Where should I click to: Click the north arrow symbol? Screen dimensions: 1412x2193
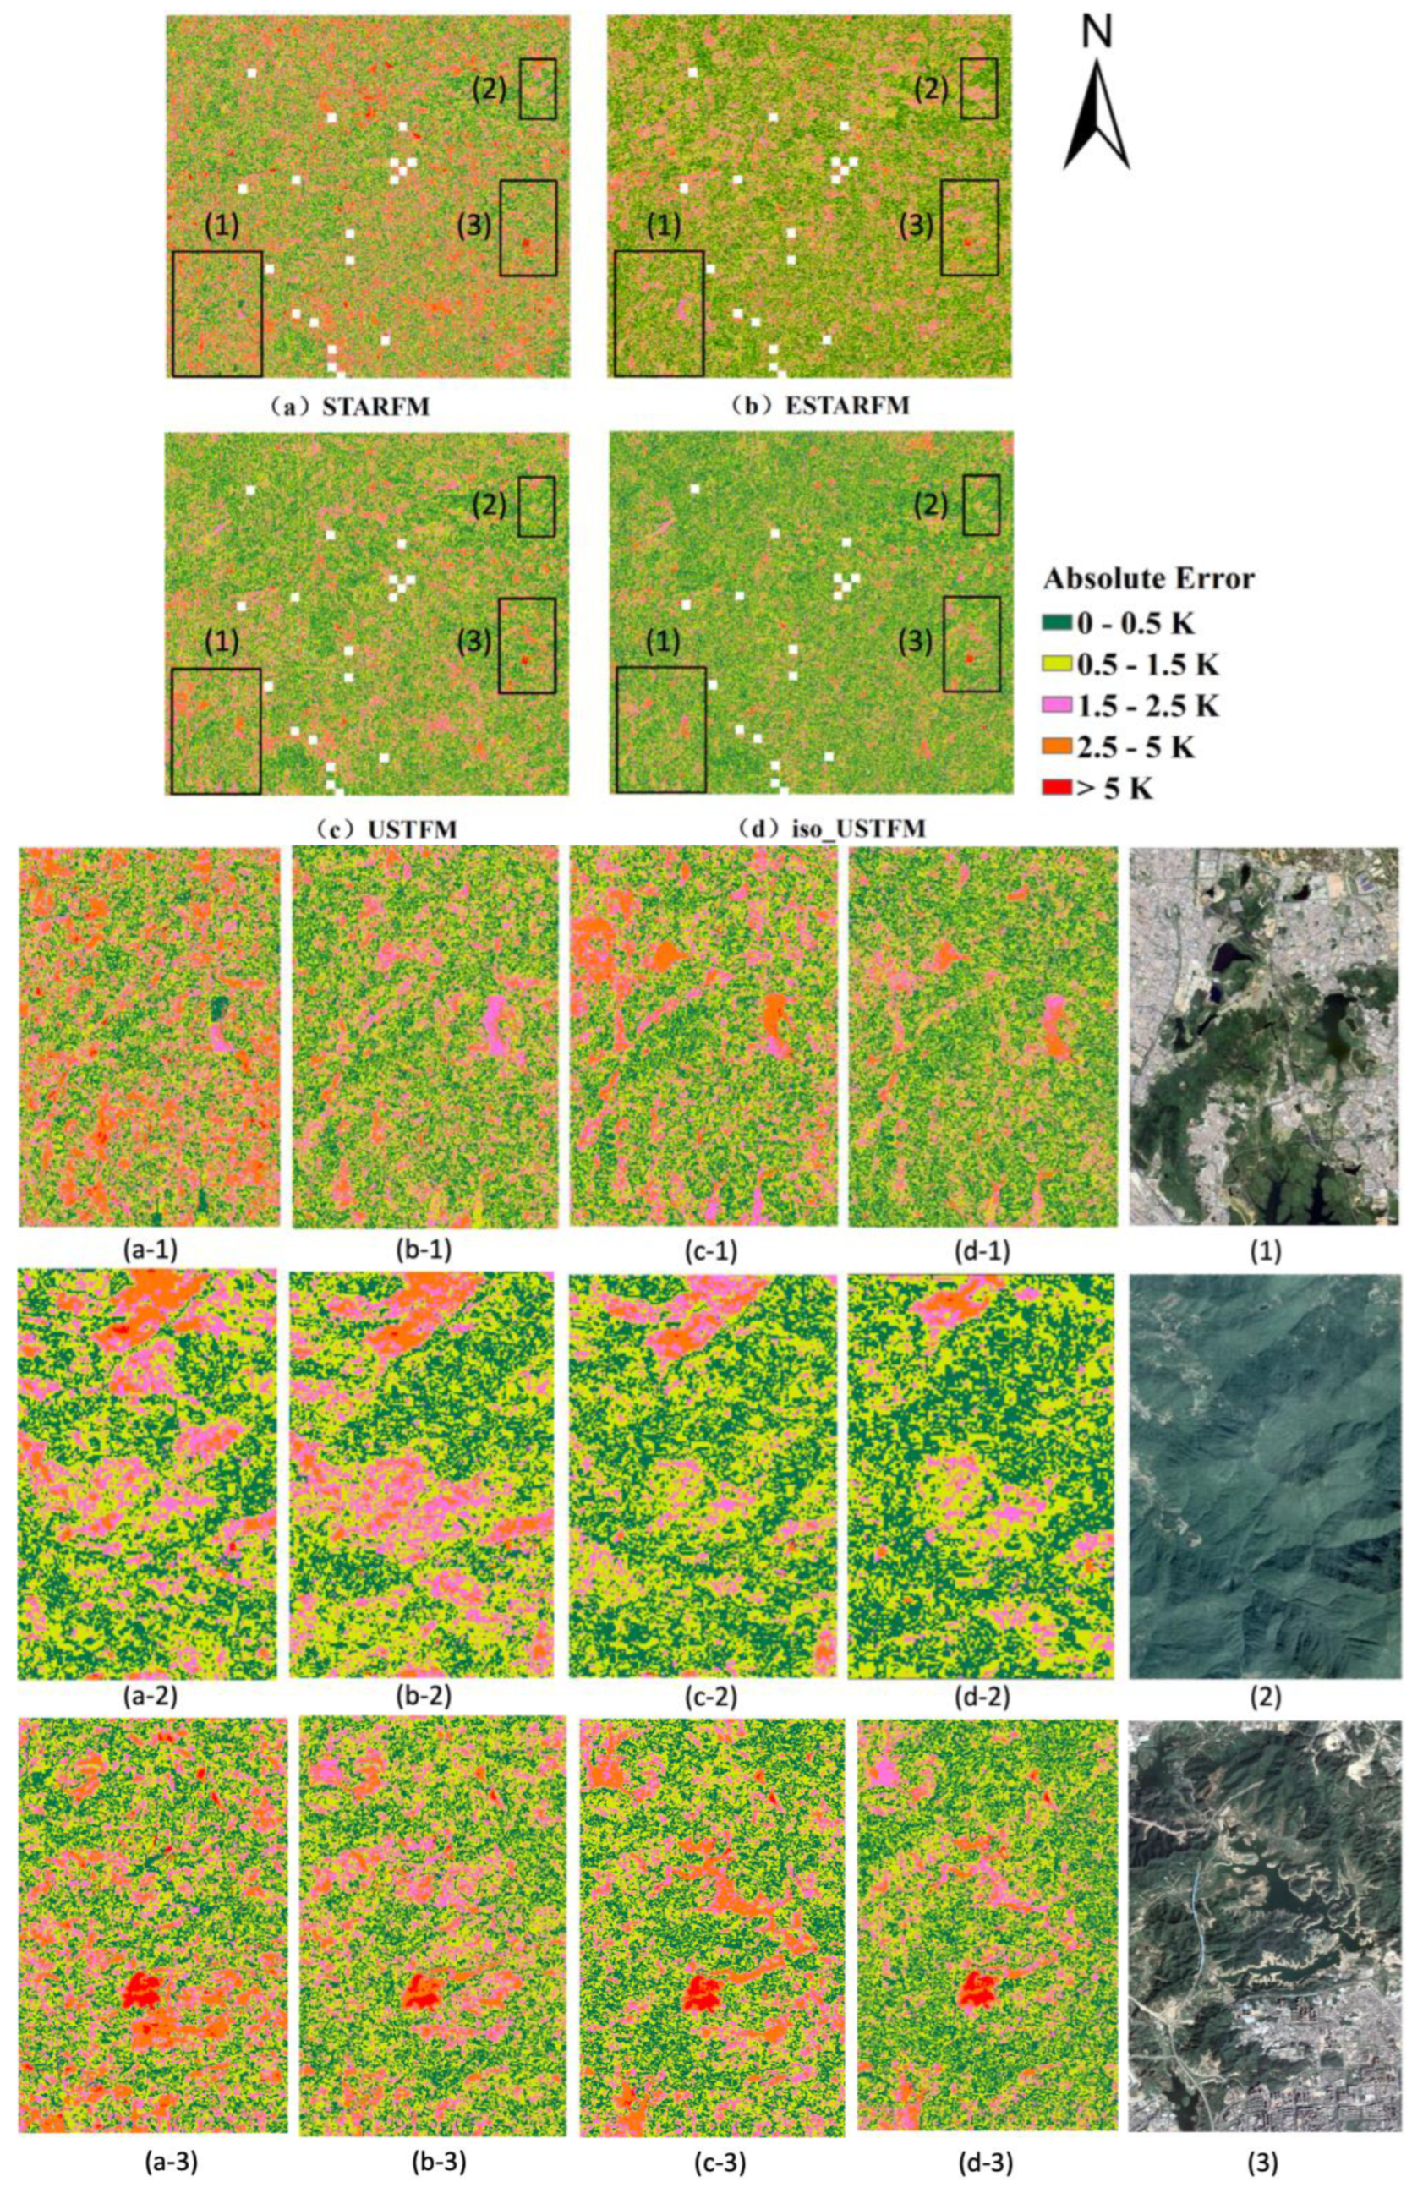[x=1097, y=115]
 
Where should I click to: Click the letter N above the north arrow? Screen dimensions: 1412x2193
[x=1097, y=32]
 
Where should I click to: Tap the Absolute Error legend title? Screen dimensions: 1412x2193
[x=1149, y=578]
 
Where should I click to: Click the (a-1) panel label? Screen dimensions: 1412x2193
[x=149, y=1251]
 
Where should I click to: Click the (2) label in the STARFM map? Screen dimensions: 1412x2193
[x=489, y=89]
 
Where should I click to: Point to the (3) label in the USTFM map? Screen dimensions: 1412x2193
[x=473, y=643]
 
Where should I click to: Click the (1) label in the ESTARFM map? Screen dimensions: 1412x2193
[x=664, y=227]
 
